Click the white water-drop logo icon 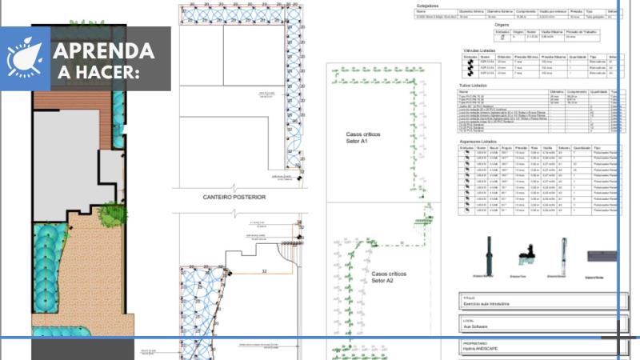(x=25, y=58)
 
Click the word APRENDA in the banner (x=104, y=51)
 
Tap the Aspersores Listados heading (x=483, y=141)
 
